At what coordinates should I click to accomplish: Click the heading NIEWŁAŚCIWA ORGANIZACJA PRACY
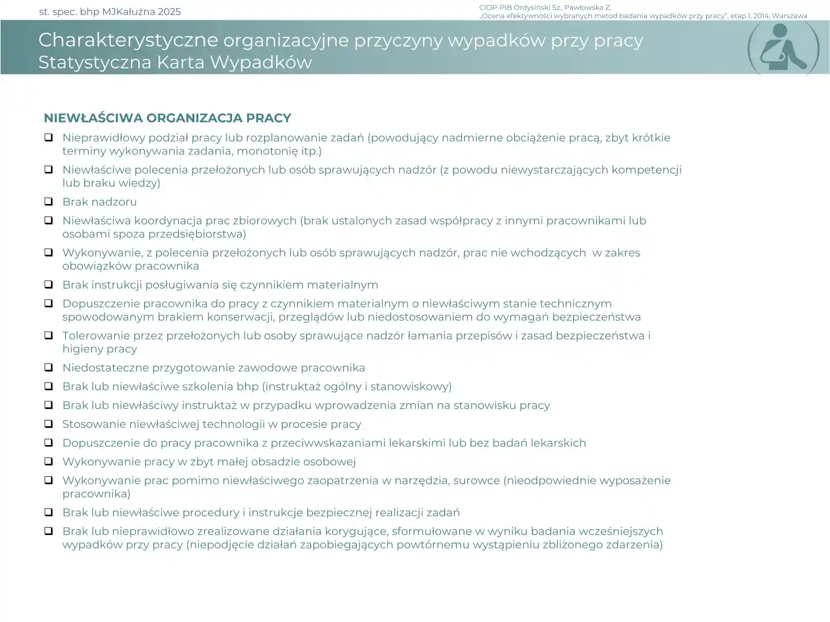coord(167,118)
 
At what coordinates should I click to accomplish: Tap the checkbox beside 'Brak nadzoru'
coord(49,202)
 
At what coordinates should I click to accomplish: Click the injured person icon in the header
coord(783,50)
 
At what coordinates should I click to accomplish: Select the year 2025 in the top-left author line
coord(168,12)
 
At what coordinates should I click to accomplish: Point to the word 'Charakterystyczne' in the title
coord(128,40)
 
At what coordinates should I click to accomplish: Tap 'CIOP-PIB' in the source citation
coord(495,7)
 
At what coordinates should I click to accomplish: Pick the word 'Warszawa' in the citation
coord(789,16)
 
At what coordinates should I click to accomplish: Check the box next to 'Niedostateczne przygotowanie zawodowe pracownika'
coord(49,367)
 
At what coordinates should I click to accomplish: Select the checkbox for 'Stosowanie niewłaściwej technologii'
coord(49,424)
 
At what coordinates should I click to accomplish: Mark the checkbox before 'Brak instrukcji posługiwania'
coord(49,285)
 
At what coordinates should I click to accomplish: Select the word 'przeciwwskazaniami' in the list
coord(329,443)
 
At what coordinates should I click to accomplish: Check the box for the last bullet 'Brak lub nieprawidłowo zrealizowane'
coord(49,531)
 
